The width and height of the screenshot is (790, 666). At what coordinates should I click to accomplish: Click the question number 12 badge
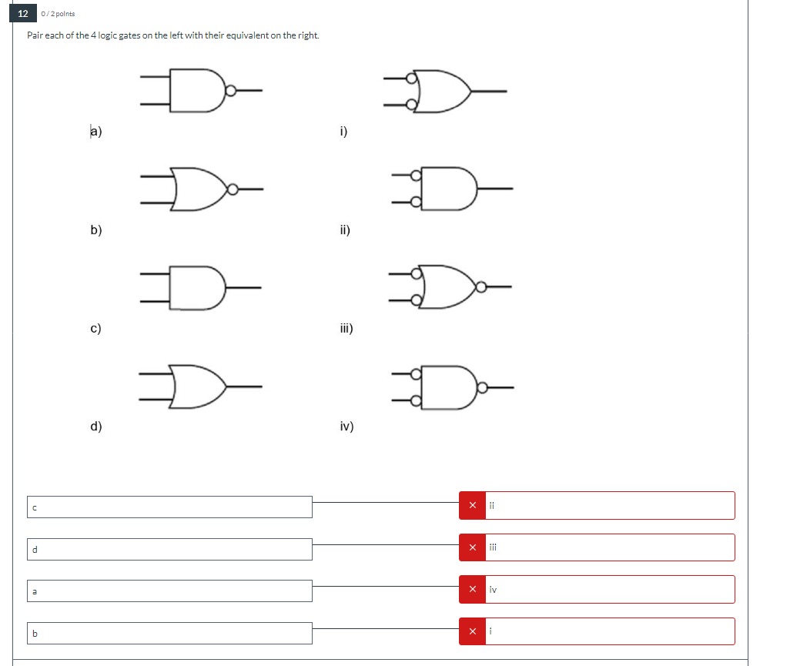click(23, 14)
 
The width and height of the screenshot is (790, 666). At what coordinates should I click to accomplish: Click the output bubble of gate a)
click(230, 91)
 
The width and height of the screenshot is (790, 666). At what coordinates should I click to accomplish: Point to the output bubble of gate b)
click(232, 189)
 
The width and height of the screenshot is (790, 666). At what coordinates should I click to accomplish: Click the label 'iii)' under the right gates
click(346, 328)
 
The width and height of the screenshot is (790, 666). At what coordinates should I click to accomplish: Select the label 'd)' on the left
click(96, 426)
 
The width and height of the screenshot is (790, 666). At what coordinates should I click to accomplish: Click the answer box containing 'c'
click(170, 507)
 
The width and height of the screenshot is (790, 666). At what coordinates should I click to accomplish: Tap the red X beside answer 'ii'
click(472, 505)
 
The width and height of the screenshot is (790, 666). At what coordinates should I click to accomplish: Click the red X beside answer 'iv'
click(472, 589)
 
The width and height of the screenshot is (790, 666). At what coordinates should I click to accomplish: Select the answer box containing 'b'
click(170, 633)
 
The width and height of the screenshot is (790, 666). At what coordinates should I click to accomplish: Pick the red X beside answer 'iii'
click(472, 547)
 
